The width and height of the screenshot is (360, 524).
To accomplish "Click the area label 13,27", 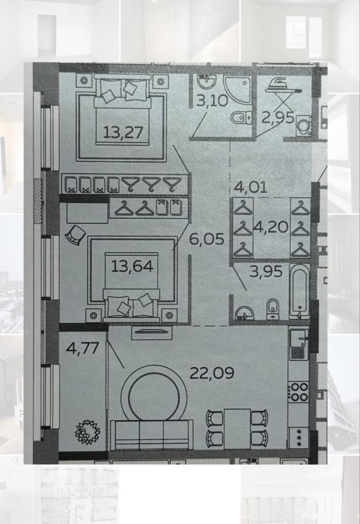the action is [123, 132].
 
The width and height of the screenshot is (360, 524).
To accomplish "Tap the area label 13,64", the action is [132, 266].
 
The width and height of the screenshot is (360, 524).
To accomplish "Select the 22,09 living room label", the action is [212, 373].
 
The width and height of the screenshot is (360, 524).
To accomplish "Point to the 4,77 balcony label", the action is [82, 348].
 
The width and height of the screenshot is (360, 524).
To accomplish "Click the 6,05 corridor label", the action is [207, 239].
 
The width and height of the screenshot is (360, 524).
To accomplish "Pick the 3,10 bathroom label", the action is [212, 100].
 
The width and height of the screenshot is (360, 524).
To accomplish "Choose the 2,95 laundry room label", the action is [278, 117].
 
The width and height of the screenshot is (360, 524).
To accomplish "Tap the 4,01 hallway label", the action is [250, 187].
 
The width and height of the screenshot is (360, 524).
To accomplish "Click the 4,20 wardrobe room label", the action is [271, 227].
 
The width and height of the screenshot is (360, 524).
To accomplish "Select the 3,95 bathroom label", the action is [266, 271].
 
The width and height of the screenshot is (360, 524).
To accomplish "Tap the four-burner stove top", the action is [298, 392].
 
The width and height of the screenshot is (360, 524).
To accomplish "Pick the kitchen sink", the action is [299, 344].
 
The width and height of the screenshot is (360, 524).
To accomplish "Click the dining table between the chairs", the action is [237, 428].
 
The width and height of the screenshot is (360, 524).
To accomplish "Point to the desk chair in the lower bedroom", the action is [75, 235].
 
